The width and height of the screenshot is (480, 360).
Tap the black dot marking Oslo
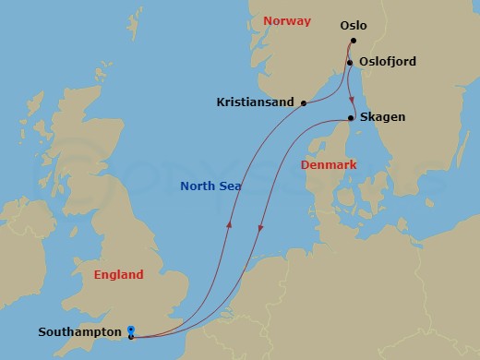click(354, 41)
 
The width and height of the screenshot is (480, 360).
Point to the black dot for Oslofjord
click(351, 63)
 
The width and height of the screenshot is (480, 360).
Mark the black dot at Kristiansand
click(304, 102)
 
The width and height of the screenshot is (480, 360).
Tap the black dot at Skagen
click(352, 118)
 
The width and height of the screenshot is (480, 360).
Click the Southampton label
click(82, 330)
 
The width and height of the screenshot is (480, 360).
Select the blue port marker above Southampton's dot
click(131, 329)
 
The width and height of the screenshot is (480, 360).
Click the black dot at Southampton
click(131, 337)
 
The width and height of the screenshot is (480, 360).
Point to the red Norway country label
click(286, 20)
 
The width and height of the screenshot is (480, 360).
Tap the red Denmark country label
click(329, 164)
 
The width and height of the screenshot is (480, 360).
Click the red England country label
click(119, 274)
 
